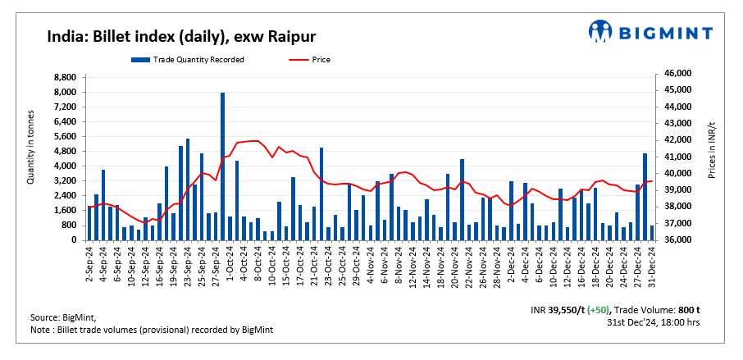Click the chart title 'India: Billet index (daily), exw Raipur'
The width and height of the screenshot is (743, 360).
click(181, 37)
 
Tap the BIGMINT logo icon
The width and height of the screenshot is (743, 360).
click(600, 32)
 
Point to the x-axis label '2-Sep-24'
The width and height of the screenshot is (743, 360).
click(88, 264)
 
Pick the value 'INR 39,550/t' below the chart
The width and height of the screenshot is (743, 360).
click(558, 310)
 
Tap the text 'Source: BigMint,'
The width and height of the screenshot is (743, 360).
click(62, 318)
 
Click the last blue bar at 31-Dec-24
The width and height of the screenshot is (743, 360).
click(652, 233)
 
